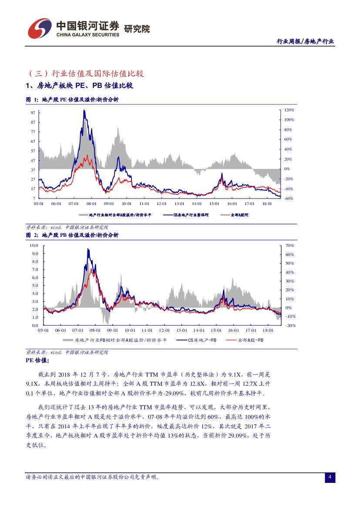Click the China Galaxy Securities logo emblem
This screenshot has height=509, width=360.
coord(40,28)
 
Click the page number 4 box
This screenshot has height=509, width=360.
coord(330,478)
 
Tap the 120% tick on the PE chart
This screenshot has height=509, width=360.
coord(289,110)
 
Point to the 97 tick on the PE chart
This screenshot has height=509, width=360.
coord(33,112)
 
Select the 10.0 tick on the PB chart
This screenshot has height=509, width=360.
coord(34,246)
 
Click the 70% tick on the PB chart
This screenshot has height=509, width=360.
coord(289,246)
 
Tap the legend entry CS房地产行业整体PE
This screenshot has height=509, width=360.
coord(191,215)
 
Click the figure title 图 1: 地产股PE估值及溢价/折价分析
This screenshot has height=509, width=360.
coord(72,100)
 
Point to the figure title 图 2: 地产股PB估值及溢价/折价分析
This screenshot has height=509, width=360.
coord(72,235)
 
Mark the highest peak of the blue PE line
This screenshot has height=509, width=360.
coord(84,111)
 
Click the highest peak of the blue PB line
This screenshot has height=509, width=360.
coord(88,249)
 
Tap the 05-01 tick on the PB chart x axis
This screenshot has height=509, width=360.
coord(43,330)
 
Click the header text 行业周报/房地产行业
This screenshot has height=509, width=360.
coord(306,41)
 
